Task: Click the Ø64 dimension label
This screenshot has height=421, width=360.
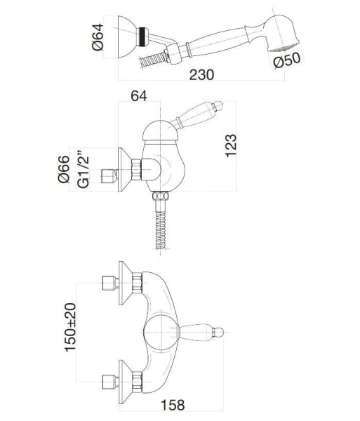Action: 98,37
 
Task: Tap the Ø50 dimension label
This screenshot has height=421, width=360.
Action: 287,60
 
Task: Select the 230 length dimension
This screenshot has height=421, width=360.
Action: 201,74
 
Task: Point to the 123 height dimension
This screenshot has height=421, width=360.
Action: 231,145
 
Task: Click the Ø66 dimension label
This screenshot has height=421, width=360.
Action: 64,169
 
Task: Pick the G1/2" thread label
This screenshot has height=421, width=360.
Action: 83,169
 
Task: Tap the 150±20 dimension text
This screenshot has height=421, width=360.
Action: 70,327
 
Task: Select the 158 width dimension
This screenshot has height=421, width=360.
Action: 173,405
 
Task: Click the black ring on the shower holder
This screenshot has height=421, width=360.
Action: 142,36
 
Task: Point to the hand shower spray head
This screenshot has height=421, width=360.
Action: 281,34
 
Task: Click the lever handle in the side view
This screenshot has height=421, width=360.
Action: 198,116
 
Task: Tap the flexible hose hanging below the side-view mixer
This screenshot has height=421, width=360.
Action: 160,231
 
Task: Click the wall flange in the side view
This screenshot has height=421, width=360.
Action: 125,169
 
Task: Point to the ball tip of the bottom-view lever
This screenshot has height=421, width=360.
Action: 219,333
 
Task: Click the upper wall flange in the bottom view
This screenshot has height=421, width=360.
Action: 126,283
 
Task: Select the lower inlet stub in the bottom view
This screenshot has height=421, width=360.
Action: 111,382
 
